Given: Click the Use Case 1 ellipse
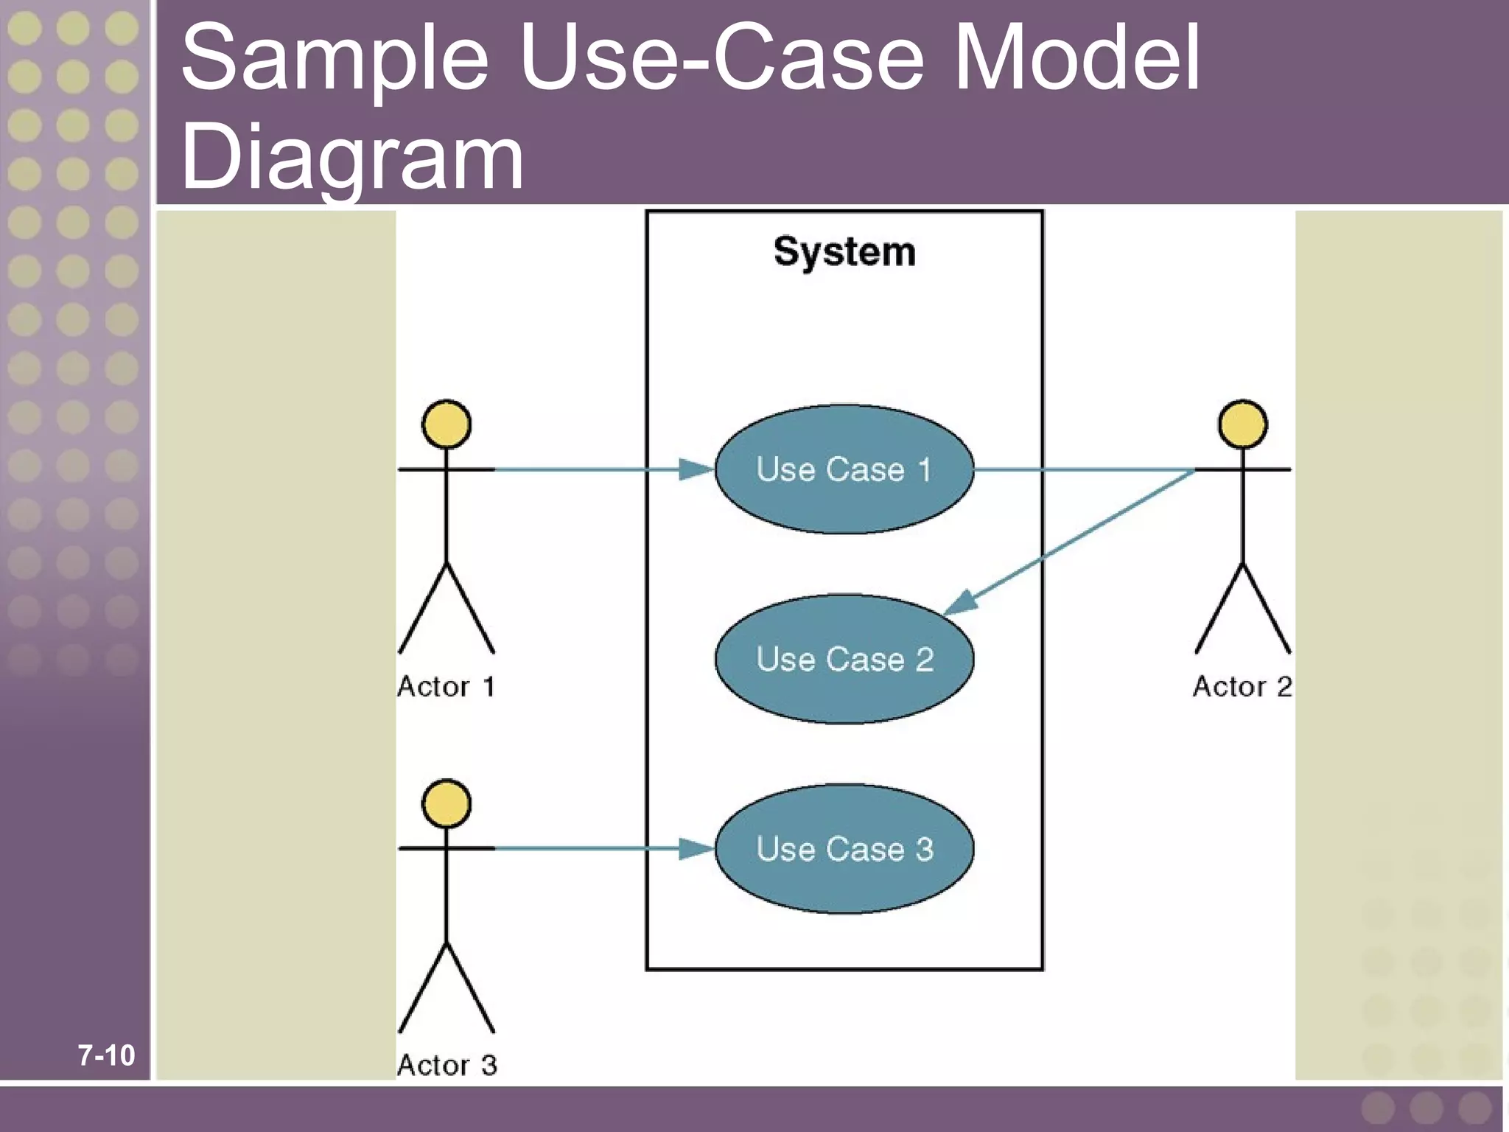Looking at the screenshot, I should tap(844, 469).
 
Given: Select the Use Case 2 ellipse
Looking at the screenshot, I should tap(844, 659).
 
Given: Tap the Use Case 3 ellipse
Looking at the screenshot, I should tap(844, 848).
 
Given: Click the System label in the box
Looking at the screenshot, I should tap(844, 253).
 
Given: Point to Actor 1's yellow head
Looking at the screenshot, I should tap(447, 424).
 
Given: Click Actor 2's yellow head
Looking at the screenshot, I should tap(1243, 424).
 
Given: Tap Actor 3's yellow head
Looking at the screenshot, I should tap(447, 803).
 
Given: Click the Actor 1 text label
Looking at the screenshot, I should tap(447, 687).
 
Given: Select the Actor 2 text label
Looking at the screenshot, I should tap(1242, 687).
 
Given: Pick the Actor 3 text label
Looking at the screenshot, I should tap(447, 1066).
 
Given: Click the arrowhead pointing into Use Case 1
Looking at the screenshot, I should tap(697, 469).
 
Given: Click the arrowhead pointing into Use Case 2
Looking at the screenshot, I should tap(961, 604).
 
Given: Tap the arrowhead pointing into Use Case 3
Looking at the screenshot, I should tap(697, 848).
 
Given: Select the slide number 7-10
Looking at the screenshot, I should tap(107, 1055).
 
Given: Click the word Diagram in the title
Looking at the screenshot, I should tap(352, 156).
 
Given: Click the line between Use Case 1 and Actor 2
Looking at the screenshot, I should tap(1083, 469).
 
